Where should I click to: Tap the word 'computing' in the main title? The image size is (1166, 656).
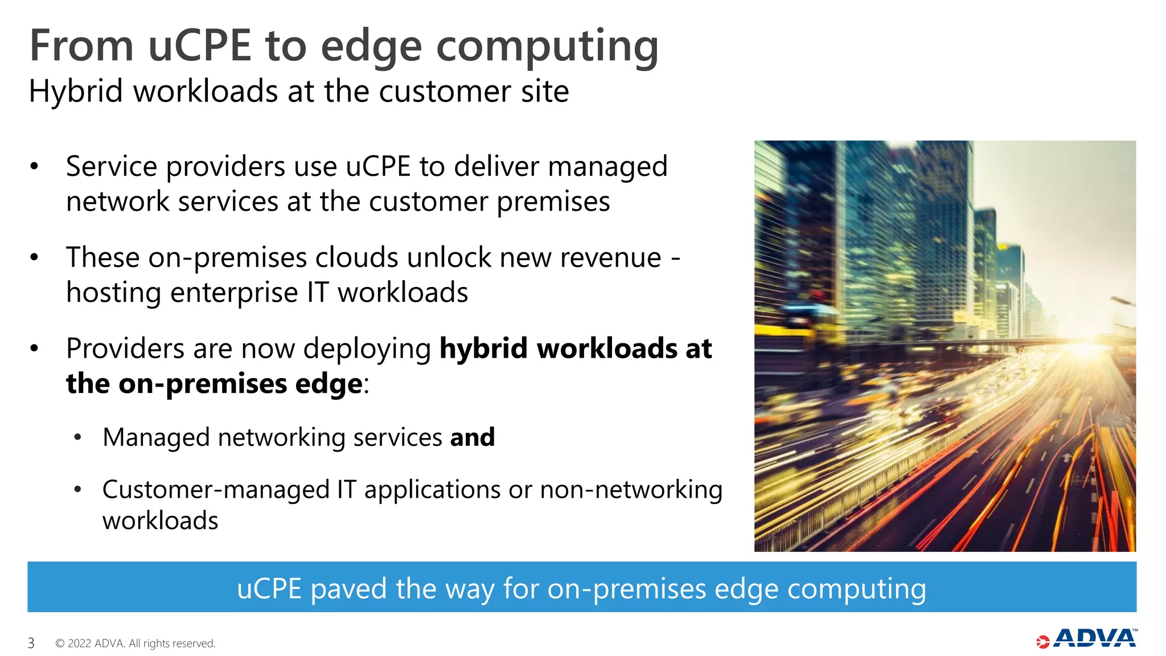coord(547,47)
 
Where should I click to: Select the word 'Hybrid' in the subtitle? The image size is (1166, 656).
coord(76,91)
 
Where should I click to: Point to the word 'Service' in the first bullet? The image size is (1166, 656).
coord(111,166)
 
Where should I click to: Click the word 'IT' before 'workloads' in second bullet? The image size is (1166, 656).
coord(318,292)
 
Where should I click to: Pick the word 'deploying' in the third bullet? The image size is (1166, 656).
coord(367,350)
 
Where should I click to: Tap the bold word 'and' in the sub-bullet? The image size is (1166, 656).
coord(473,437)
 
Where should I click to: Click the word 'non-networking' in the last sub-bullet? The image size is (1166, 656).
coord(631,490)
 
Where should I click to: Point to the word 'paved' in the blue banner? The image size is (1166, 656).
coord(348,588)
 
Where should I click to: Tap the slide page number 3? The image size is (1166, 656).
coord(31,643)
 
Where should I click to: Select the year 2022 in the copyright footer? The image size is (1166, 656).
coord(79,643)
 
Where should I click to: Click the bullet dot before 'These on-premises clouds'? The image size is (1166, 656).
coord(34,257)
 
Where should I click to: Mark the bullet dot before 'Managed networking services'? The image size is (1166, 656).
coord(78,437)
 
